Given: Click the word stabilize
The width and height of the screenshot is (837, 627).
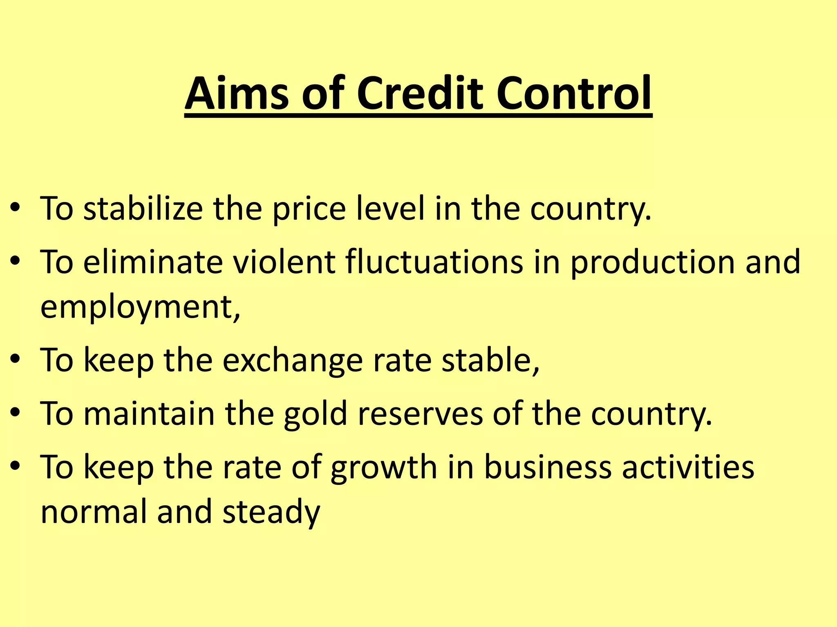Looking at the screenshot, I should click(143, 209).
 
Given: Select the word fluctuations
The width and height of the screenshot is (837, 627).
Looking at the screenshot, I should click(434, 262).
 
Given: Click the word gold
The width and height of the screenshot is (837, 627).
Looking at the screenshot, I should click(315, 414).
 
